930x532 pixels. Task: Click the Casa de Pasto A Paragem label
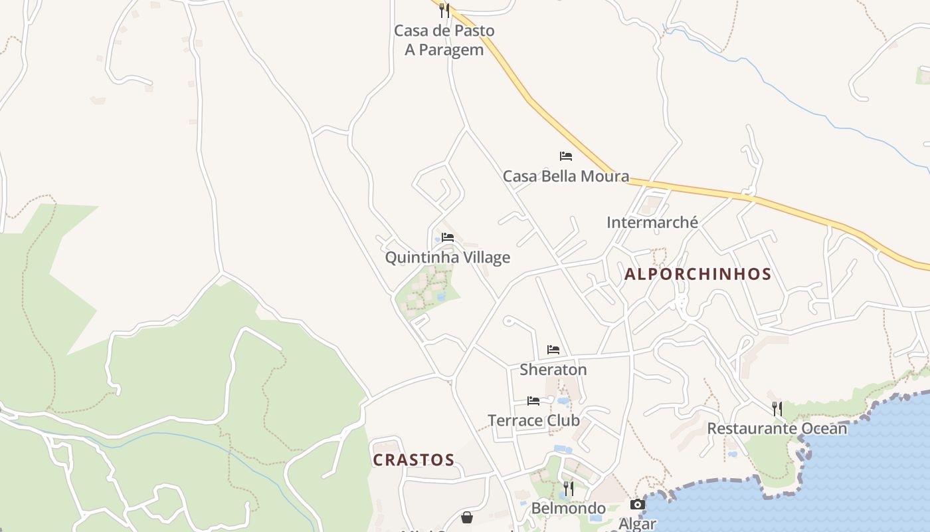444,40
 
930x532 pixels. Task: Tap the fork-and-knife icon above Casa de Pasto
444,10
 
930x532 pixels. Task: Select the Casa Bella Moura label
565,176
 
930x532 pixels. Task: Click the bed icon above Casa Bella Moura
566,156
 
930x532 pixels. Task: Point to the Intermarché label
652,222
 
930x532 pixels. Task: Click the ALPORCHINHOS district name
697,274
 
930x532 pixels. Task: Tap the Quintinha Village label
448,257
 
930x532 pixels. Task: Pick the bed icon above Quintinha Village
448,237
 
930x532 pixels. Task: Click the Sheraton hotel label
553,369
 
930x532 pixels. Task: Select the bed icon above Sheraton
553,350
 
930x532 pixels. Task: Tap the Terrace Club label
533,420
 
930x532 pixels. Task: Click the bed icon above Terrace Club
533,401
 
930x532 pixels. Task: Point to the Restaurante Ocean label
777,428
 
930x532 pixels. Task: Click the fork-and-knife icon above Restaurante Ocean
777,408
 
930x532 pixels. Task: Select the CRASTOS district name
413,460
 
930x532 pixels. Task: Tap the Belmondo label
568,509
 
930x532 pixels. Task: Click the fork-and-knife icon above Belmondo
568,489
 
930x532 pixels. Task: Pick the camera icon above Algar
637,505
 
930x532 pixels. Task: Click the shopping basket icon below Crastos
468,517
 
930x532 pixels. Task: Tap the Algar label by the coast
637,523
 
